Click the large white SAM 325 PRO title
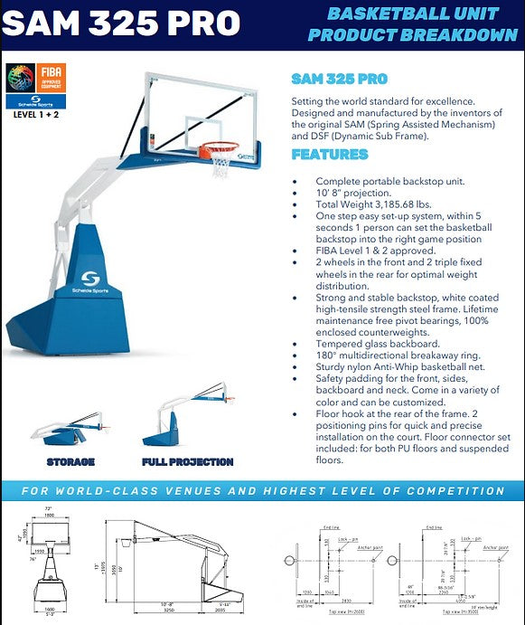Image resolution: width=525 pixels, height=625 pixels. tap(122, 23)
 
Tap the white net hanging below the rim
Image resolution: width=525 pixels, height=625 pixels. tap(220, 166)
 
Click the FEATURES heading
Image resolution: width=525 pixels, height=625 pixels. tap(329, 155)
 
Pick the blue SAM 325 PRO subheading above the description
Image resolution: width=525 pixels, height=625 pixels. tap(339, 79)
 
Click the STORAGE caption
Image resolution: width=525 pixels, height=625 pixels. tap(70, 462)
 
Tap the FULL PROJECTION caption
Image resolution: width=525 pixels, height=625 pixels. tap(187, 462)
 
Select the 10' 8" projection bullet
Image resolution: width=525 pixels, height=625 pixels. tap(353, 194)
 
